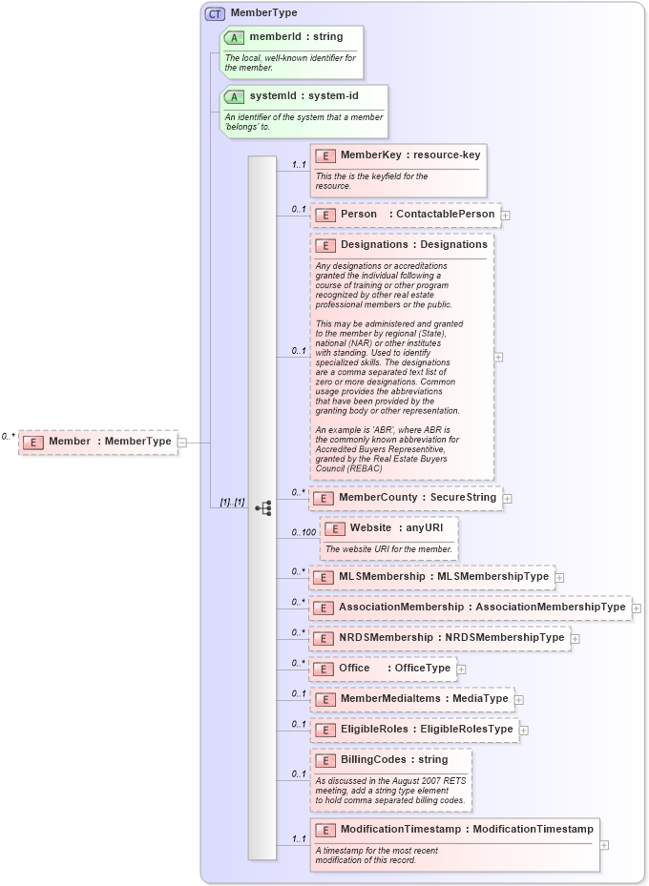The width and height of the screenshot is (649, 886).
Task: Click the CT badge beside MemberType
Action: pyautogui.click(x=216, y=13)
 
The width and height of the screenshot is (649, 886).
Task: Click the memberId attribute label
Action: pyautogui.click(x=283, y=37)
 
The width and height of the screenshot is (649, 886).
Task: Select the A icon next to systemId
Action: pyautogui.click(x=234, y=96)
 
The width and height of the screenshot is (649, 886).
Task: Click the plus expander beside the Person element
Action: pyautogui.click(x=506, y=215)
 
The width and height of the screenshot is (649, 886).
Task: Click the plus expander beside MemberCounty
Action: pyautogui.click(x=508, y=498)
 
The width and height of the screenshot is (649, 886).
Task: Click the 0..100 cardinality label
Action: pyautogui.click(x=304, y=532)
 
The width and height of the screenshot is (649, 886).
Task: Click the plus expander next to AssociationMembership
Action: pyautogui.click(x=637, y=608)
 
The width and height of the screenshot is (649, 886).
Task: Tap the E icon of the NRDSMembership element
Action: pyautogui.click(x=324, y=637)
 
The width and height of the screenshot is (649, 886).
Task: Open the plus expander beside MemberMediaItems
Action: pyautogui.click(x=519, y=699)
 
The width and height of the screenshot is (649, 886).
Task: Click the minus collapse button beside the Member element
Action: pyautogui.click(x=182, y=442)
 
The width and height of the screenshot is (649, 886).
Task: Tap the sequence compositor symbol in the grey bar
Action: pyautogui.click(x=262, y=508)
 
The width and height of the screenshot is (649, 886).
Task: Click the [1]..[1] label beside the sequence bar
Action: pyautogui.click(x=232, y=503)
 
